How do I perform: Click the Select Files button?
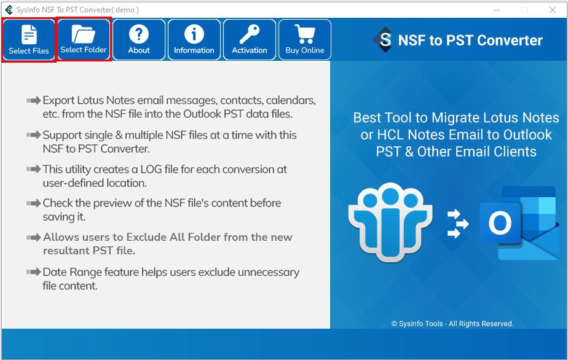[29, 39]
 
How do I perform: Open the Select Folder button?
[84, 39]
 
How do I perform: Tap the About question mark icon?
[139, 34]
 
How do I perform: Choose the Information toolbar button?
[194, 39]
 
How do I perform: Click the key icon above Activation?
[250, 34]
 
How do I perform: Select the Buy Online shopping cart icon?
[305, 34]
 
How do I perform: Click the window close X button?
[553, 10]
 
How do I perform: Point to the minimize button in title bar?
[497, 10]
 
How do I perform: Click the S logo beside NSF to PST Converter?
[384, 39]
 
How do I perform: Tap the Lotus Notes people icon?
[390, 222]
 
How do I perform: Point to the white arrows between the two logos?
[457, 224]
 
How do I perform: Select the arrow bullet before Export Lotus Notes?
[34, 100]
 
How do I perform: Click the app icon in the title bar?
[9, 10]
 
